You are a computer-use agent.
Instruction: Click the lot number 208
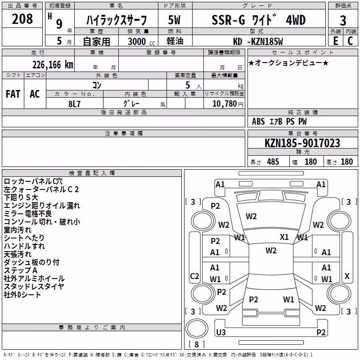[x=22, y=19]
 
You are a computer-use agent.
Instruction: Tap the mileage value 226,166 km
[x=53, y=65]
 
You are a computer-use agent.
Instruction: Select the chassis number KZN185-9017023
[x=302, y=143]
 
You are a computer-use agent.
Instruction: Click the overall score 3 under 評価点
[x=343, y=21]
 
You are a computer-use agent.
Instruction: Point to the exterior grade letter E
[x=336, y=41]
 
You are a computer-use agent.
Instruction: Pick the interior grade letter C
[x=350, y=41]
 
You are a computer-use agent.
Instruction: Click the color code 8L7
[x=74, y=104]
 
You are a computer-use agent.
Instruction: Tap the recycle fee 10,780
[x=225, y=103]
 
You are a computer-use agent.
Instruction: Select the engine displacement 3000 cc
[x=141, y=41]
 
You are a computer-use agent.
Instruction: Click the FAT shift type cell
[x=13, y=94]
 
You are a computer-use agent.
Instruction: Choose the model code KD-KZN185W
[x=258, y=41]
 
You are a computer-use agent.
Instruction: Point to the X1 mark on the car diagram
[x=284, y=237]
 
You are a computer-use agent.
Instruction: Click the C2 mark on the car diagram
[x=194, y=276]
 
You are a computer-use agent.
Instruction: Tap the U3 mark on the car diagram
[x=221, y=332]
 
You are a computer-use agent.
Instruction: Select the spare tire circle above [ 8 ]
[x=197, y=328]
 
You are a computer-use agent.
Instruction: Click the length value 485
[x=273, y=162]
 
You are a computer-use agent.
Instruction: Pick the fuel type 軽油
[x=175, y=41]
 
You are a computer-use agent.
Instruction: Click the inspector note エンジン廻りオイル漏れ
[x=42, y=206]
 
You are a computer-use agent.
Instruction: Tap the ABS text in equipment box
[x=258, y=121]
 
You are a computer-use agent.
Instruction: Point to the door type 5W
[x=174, y=20]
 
